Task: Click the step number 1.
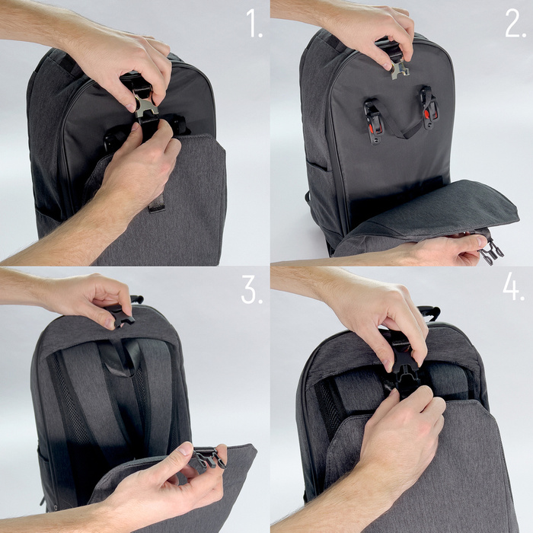(254, 24)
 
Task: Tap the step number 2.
(515, 24)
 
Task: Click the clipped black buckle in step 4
(401, 372)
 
